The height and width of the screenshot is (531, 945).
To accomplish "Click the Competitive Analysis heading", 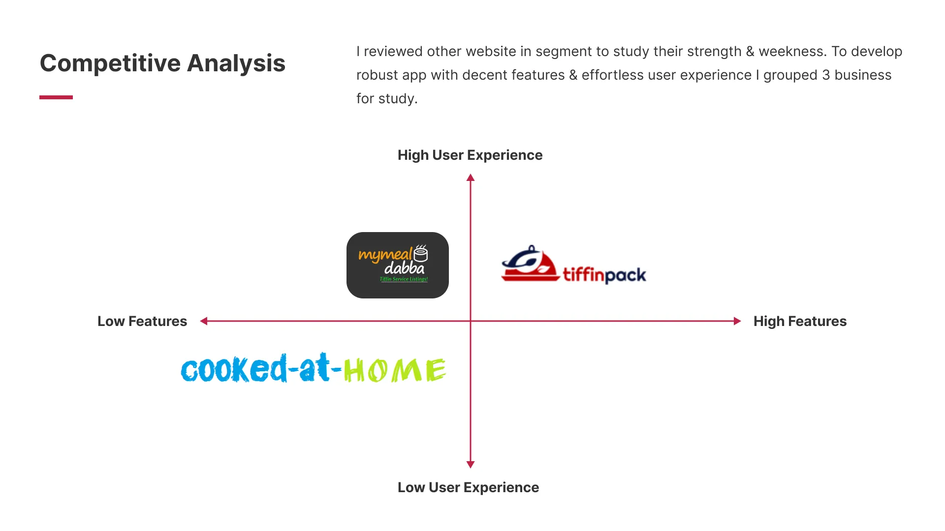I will (x=162, y=63).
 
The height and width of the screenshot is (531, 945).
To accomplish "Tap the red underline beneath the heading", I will (x=56, y=97).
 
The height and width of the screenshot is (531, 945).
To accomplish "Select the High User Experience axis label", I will (x=470, y=155).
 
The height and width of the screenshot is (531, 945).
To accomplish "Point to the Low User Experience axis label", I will (x=468, y=488).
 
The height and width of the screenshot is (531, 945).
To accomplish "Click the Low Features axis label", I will (x=142, y=322).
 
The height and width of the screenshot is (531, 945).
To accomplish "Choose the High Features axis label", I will (x=800, y=322).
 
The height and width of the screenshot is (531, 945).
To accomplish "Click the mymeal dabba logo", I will (x=397, y=265).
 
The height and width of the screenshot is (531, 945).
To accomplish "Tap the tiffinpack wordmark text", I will (x=604, y=275).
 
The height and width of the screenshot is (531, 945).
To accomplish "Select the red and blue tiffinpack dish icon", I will (x=530, y=264).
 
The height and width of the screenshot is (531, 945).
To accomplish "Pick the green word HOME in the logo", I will (x=394, y=371).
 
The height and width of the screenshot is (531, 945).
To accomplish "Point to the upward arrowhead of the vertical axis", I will (x=471, y=177).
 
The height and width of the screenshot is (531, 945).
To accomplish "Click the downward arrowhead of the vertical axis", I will (x=471, y=465).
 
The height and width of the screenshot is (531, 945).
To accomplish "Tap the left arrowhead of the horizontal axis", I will (x=204, y=321).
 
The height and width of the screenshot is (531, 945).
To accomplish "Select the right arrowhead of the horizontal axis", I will (x=737, y=321).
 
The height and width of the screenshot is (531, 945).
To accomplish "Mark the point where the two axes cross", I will (x=471, y=321).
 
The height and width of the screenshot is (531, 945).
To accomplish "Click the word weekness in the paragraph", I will (x=792, y=52).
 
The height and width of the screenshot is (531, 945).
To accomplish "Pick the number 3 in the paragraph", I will (x=826, y=75).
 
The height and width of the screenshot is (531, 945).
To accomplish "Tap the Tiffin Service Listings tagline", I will (x=404, y=279).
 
